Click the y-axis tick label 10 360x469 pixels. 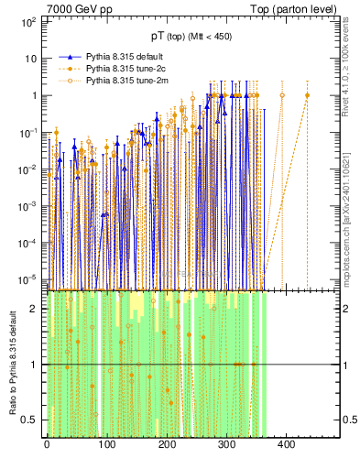[x=31, y=58]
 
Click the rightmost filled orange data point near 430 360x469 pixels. [x=307, y=95]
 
